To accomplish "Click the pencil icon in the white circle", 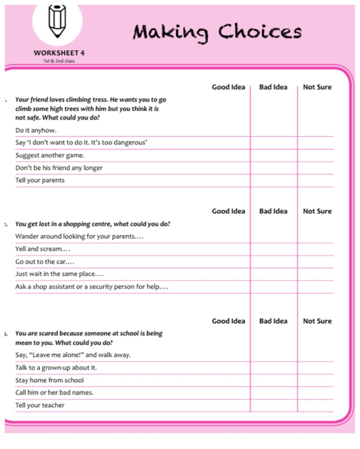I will point(57,20).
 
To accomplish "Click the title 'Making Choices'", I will point(217,31).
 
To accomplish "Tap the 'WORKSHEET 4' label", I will point(59,53).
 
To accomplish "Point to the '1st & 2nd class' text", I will point(59,60).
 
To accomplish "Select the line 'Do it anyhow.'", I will point(36,130).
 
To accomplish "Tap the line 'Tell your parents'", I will point(40,181).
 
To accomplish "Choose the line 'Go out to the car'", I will point(45,262).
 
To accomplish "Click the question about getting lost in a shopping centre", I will point(93,224).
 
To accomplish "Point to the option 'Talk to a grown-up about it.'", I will point(56,368).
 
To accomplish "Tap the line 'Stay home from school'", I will point(50,380).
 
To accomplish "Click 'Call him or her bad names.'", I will point(54,393).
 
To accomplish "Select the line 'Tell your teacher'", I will point(40,405).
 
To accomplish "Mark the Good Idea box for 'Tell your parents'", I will point(228,181).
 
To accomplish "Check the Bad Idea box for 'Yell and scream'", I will point(273,249).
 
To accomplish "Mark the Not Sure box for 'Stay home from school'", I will point(316,380).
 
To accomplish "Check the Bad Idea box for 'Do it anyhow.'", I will point(273,130).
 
